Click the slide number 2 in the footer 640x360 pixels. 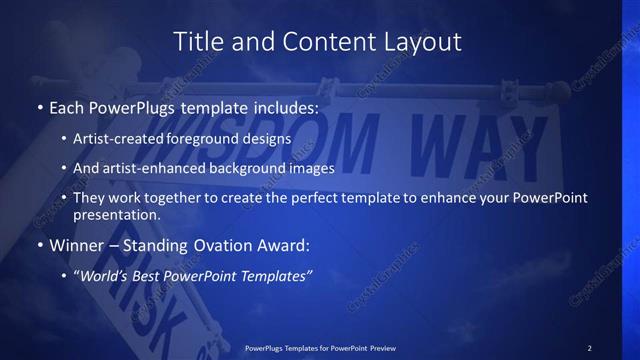589,348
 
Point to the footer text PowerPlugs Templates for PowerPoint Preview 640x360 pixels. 320,348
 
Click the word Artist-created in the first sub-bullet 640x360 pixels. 116,139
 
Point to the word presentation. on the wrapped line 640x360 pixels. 116,214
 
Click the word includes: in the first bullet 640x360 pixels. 286,106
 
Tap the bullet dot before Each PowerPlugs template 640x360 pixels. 39,106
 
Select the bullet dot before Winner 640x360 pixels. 39,245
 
